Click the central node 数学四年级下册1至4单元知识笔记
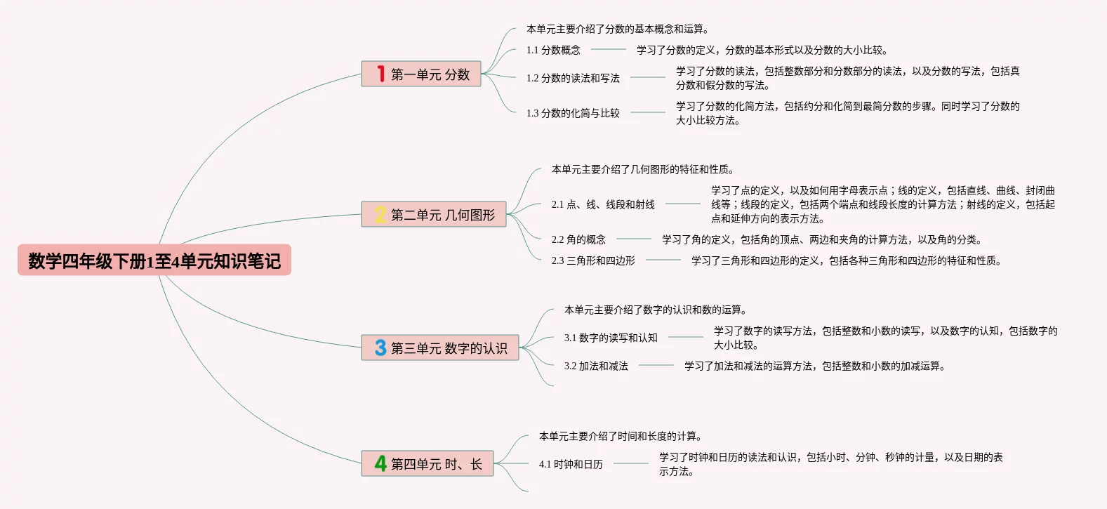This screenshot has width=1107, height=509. pos(154,260)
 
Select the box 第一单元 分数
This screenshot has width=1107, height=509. pos(421,74)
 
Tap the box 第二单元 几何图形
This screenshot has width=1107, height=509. pos(434,214)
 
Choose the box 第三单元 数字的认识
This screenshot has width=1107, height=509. pos(440,348)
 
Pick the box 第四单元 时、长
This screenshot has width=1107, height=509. pos(427,463)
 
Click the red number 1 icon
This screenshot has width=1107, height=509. pos(380,74)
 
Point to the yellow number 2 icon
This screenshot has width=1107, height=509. pos(380,214)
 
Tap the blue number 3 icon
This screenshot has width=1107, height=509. pos(380,348)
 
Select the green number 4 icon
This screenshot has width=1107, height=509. pos(380,463)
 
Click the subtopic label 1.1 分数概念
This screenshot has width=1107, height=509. pos(553,50)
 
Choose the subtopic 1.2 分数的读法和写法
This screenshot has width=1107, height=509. pos(573,78)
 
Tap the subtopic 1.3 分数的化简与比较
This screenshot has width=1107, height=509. pos(573,113)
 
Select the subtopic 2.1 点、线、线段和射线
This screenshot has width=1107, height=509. pos(603,204)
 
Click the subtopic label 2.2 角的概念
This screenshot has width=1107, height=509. pos(578,239)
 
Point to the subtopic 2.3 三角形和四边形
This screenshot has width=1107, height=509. pos(593,260)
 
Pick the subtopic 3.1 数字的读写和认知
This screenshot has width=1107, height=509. pos(611,338)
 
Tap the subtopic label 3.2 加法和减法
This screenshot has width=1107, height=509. pos(596,366)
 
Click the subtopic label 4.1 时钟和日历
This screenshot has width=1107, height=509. pos(571,464)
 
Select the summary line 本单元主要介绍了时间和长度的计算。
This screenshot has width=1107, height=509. pos(620,436)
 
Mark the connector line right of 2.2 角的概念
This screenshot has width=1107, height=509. pos(634,239)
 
